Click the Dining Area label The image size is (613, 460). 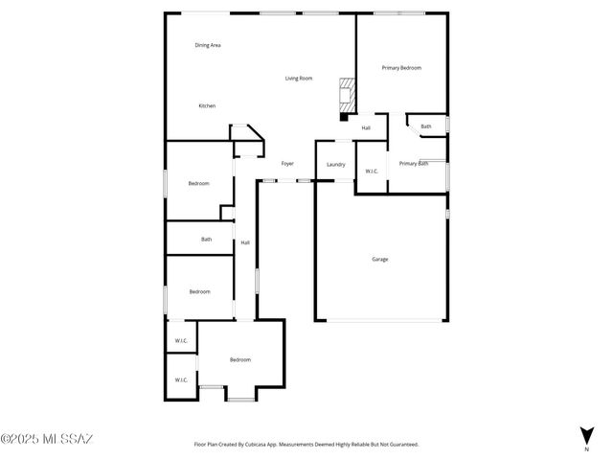[x=208, y=45]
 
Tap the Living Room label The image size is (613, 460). [x=299, y=79]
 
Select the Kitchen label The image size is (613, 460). [x=207, y=105]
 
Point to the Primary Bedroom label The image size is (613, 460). [x=401, y=68]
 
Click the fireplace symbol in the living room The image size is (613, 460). [x=345, y=93]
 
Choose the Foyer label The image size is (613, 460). [x=286, y=164]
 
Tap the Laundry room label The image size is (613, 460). [x=335, y=165]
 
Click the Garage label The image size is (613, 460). [x=380, y=259]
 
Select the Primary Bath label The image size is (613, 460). [x=413, y=163]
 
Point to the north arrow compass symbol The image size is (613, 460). [x=586, y=436]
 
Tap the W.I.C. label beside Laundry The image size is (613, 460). [x=372, y=172]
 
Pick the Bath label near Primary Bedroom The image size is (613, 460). [x=425, y=126]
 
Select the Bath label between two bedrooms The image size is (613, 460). [x=206, y=239]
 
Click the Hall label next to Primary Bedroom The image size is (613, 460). [x=366, y=127]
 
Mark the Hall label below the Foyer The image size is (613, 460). [x=245, y=242]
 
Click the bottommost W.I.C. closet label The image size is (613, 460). [x=180, y=379]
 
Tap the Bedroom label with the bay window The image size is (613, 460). [x=239, y=359]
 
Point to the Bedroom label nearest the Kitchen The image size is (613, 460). [x=198, y=183]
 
